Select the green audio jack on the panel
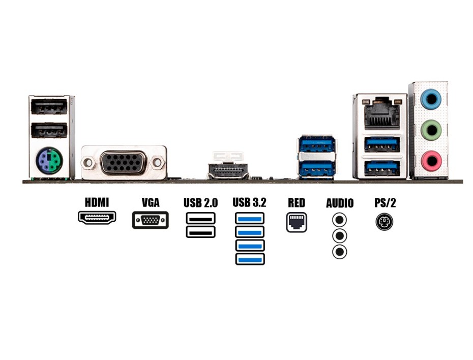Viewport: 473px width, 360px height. (431, 130)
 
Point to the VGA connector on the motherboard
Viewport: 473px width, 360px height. (124, 163)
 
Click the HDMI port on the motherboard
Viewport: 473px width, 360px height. (228, 170)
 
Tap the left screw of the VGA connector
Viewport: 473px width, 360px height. (88, 163)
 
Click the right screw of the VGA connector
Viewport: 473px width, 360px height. (158, 163)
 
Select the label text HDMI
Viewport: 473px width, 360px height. (97, 202)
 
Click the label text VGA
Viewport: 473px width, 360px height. (151, 202)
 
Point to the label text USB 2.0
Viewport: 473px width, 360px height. (200, 203)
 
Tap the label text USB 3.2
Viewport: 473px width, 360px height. (250, 202)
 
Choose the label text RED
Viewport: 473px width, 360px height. (297, 202)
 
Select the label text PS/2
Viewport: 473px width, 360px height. (385, 202)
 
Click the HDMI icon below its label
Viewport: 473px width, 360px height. (97, 218)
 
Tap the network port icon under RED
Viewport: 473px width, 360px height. (297, 222)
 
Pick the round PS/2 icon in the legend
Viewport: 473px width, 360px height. (384, 222)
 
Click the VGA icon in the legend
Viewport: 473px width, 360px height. (151, 220)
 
